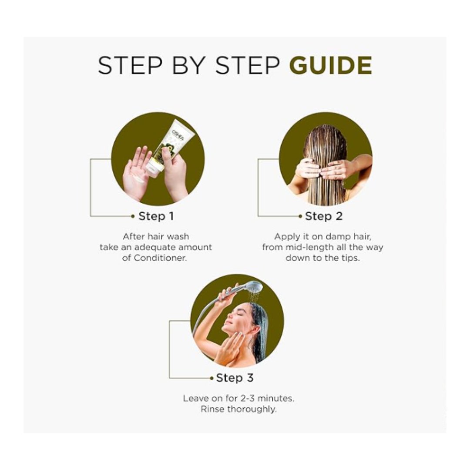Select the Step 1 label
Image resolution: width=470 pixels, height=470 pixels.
pyautogui.click(x=156, y=216)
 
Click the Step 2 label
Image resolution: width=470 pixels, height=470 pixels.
pyautogui.click(x=324, y=216)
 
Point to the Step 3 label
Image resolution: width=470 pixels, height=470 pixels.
pyautogui.click(x=235, y=378)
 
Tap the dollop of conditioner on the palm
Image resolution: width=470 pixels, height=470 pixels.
pyautogui.click(x=139, y=179)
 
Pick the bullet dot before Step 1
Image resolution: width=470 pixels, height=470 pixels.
pyautogui.click(x=133, y=216)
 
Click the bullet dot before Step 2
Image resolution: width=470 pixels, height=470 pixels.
pyautogui.click(x=300, y=216)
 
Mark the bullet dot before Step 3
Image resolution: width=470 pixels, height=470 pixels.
pyautogui.click(x=211, y=378)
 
